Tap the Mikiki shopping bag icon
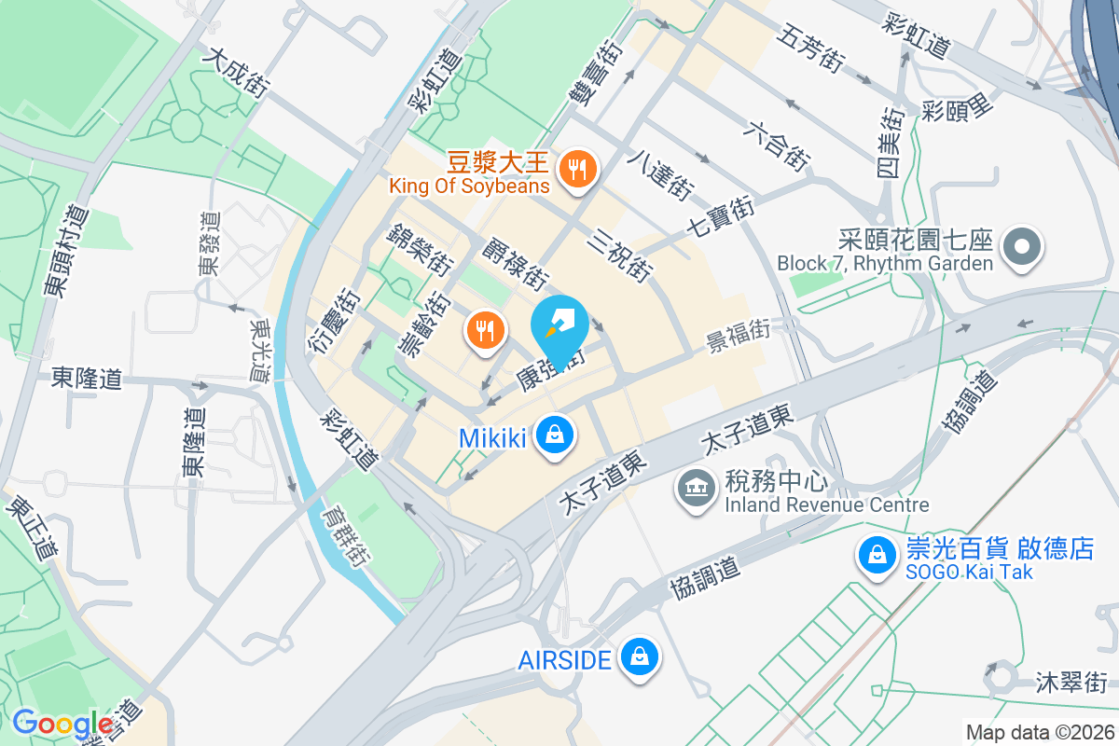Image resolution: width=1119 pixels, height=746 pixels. (x=555, y=435)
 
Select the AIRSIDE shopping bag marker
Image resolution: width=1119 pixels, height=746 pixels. (x=641, y=657)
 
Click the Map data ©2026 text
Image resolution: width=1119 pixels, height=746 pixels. (x=1039, y=732)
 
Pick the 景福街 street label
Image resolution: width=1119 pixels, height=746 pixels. (x=738, y=332)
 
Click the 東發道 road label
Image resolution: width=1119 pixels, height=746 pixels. (x=210, y=243)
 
